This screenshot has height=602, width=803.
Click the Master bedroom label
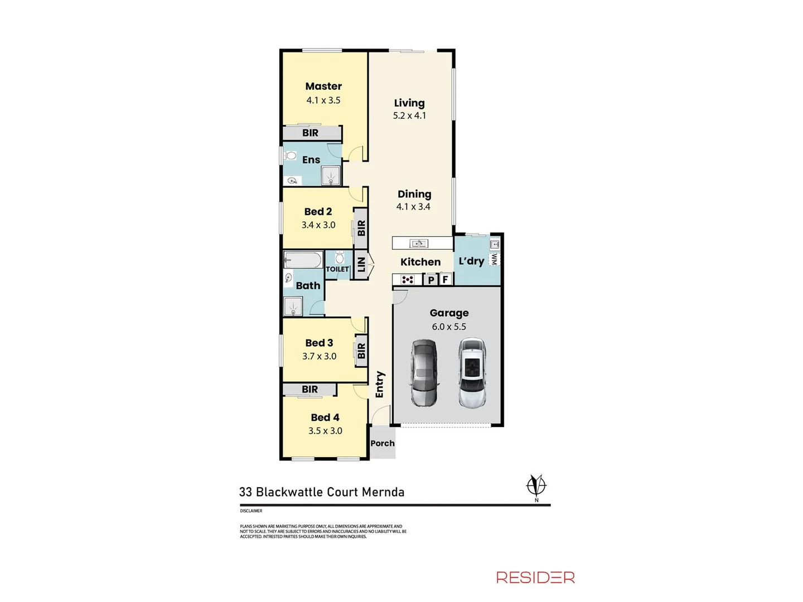point(323,86)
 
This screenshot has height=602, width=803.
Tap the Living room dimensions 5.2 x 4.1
point(409,116)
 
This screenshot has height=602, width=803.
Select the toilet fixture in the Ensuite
point(289,154)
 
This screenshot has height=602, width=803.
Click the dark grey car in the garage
point(424,373)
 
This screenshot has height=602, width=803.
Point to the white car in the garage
point(472,372)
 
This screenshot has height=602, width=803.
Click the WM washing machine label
point(494,259)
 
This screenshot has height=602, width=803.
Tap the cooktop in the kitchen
point(408,280)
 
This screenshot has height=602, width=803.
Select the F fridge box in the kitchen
point(445,280)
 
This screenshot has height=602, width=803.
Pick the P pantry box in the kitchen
point(431,280)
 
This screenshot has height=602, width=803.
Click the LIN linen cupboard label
point(361,264)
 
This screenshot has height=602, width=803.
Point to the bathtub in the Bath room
point(303,260)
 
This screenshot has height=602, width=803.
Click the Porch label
point(383,444)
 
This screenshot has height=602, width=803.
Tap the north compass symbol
point(536,486)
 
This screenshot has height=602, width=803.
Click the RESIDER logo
point(535,577)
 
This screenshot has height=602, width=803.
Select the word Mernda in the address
point(383,492)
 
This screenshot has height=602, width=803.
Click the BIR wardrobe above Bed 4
point(309,389)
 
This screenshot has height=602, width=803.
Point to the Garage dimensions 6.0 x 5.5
point(449,327)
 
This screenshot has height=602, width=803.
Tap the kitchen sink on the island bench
point(418,243)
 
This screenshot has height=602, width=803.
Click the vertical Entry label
point(380,385)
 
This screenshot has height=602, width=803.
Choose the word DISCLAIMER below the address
point(251,511)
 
